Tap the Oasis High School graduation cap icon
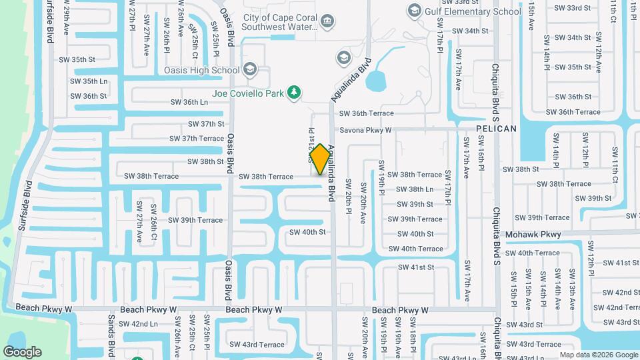coord(250,69)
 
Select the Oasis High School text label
coord(202,70)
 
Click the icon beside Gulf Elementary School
coord(415,11)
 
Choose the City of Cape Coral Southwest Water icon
coord(327,22)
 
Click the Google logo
coord(22,351)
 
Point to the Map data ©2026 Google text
coord(598,355)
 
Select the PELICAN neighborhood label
coord(497,128)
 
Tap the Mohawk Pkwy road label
coord(533,235)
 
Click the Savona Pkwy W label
coord(365,130)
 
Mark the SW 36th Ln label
coord(189,102)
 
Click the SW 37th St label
coord(206,124)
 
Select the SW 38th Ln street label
coord(415,189)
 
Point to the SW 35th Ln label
coord(89,81)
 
